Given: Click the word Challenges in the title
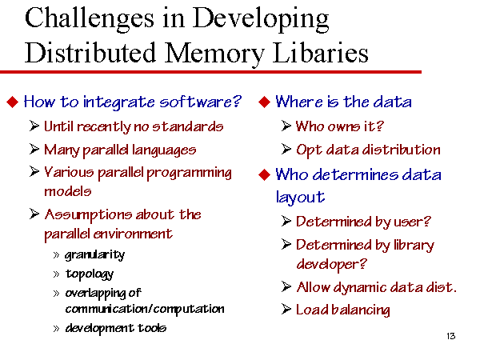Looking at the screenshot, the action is click(90, 19).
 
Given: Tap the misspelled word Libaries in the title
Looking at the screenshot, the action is click(320, 53).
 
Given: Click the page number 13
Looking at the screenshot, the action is click(451, 336).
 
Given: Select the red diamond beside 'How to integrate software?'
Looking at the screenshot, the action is click(13, 102).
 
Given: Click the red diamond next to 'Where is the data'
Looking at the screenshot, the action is click(264, 102).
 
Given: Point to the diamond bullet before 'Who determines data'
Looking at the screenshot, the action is click(264, 175).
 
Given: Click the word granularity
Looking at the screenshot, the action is click(95, 255).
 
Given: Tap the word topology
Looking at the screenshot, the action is click(90, 274).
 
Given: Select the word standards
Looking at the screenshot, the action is click(188, 126).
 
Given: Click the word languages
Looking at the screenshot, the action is click(164, 150).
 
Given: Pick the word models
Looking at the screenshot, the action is click(68, 192).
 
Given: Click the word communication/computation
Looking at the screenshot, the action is click(145, 309).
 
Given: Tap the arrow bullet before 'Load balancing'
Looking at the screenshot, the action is click(286, 310).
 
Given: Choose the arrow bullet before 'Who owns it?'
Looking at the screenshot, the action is click(286, 126).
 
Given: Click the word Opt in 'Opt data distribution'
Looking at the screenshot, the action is click(309, 150).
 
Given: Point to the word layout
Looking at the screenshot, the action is click(300, 198).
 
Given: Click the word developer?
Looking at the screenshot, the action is click(331, 264).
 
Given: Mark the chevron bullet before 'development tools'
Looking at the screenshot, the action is click(56, 329).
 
